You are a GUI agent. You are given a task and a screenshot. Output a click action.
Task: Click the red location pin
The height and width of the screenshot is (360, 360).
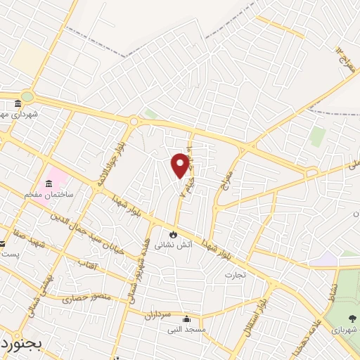pyautogui.click(x=180, y=165)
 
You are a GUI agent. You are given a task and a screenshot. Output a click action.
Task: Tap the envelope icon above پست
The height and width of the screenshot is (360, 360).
pyautogui.click(x=2, y=245)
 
